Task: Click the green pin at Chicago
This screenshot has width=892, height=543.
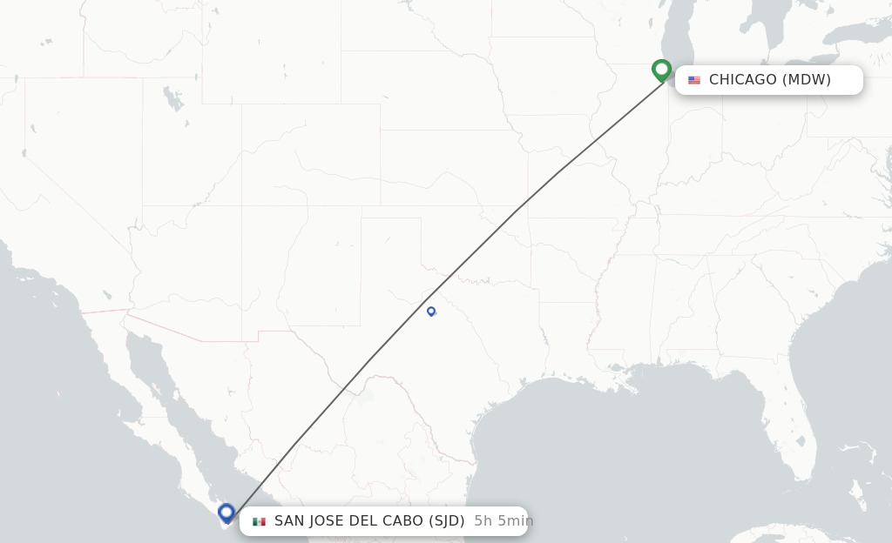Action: [x=661, y=69]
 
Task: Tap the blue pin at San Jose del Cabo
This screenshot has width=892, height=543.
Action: [x=226, y=513]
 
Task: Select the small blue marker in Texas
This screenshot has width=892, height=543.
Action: [x=431, y=311]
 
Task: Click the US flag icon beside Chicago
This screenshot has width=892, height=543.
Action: [x=694, y=80]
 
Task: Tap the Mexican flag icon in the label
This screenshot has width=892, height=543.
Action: [x=259, y=521]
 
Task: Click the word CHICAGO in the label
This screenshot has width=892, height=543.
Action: [x=742, y=80]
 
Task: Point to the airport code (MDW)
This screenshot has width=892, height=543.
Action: [x=806, y=80]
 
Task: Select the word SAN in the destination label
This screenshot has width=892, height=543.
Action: [x=289, y=521]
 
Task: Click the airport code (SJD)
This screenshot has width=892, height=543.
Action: [x=446, y=521]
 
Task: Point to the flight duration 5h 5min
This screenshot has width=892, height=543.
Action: [x=503, y=521]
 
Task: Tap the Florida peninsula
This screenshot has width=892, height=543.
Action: [x=806, y=452]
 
